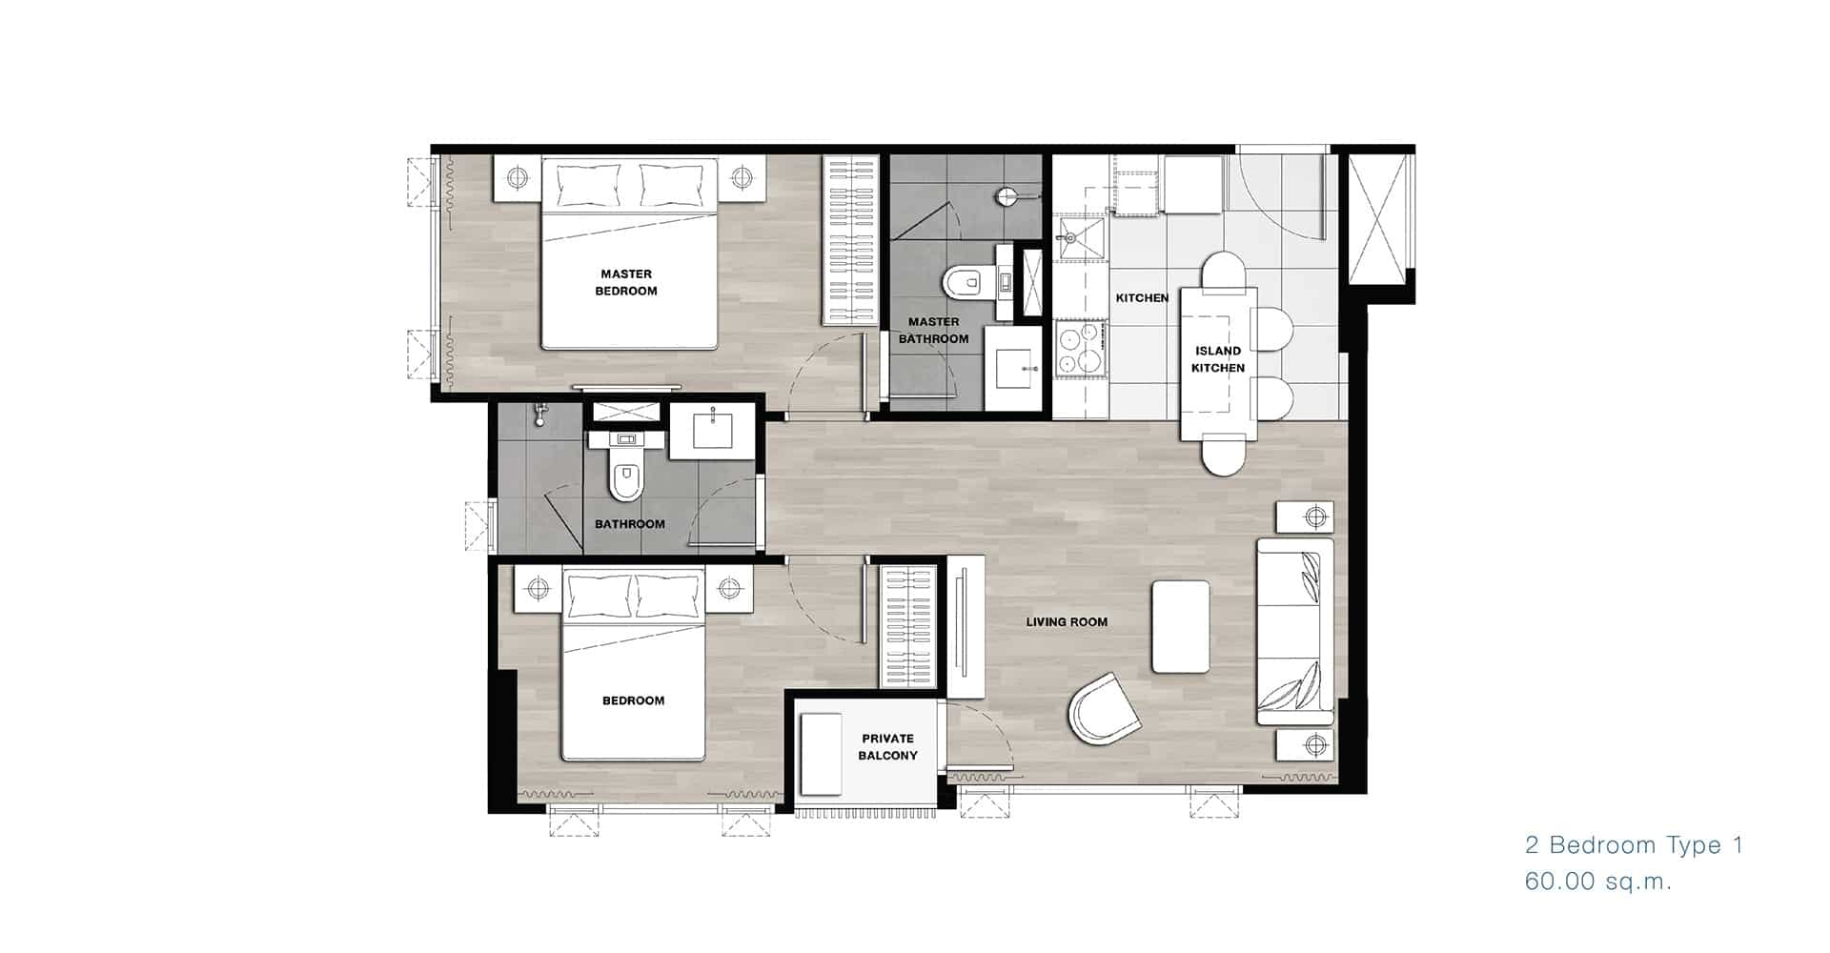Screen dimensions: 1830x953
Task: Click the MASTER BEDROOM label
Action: coord(626,283)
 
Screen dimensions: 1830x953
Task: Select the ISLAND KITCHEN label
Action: coord(1218,359)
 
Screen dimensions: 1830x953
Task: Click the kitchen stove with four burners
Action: coord(1081,349)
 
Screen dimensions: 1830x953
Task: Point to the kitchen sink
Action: coord(1079,238)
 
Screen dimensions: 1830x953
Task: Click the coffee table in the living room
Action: coord(1181,626)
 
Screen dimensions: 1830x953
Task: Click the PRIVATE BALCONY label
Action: coord(887,747)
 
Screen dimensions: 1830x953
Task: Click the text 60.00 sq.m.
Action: coord(1598,882)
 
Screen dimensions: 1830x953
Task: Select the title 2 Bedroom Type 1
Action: coord(1634,845)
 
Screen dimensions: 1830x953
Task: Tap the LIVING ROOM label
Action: coord(1067,622)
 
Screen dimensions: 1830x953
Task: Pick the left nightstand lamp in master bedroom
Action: coord(517,177)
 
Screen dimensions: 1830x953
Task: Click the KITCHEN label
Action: coord(1142,298)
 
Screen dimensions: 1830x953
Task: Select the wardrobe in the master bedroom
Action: coord(851,241)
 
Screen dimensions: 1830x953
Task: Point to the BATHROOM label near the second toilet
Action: coord(630,524)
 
